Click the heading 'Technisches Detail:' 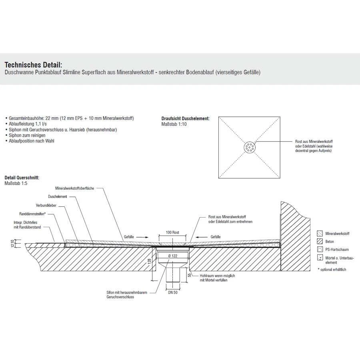pos(33,65)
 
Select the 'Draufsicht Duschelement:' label pos(185,119)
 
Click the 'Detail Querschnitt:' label pos(22,177)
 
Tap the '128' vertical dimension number pos(148,262)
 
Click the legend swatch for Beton pos(320,242)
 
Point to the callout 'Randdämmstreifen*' pos(35,214)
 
